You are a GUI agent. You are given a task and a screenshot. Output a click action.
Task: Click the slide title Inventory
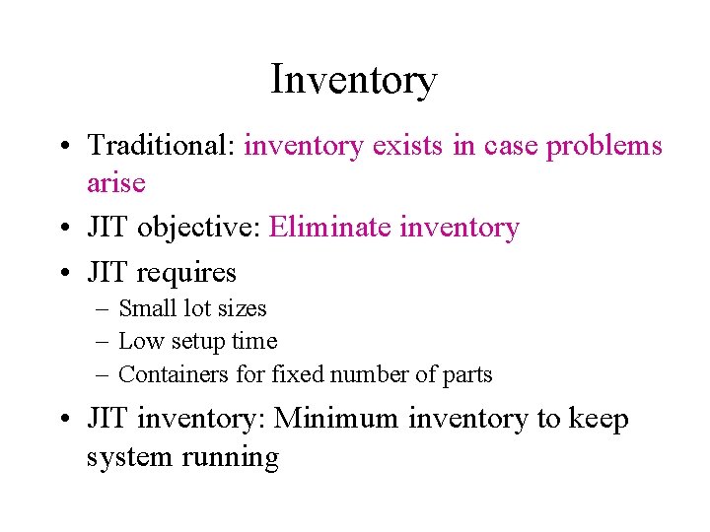[354, 80]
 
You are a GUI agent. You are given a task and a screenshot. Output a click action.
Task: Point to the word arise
[115, 183]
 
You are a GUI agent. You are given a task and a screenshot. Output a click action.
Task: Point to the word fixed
[298, 374]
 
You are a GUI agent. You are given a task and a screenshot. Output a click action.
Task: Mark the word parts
[467, 375]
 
